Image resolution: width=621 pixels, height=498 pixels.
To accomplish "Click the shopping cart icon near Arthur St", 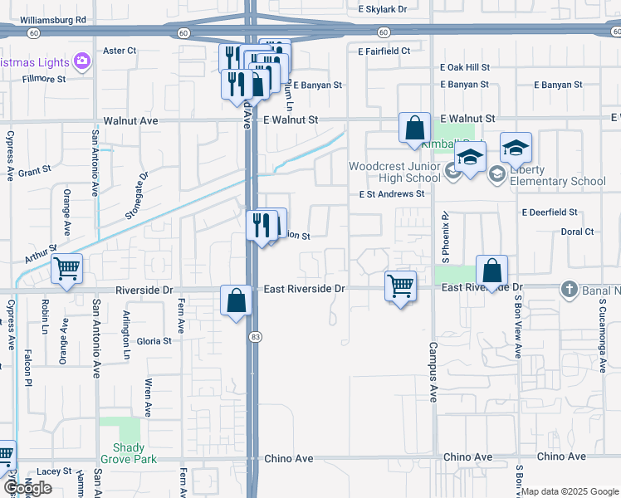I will click(66, 269).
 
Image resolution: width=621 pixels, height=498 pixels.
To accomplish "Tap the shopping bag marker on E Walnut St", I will click(414, 129).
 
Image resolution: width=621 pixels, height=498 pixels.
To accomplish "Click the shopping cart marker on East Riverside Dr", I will click(401, 286).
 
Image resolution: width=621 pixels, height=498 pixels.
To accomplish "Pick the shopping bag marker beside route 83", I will click(237, 300).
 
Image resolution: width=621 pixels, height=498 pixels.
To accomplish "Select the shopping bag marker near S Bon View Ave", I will click(491, 271).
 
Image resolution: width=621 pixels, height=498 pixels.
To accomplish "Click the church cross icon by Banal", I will click(569, 289).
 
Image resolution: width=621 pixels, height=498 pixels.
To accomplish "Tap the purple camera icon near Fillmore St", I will click(82, 61).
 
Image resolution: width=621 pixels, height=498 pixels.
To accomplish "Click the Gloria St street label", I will click(154, 341).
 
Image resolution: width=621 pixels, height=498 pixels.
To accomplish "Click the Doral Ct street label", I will click(577, 232).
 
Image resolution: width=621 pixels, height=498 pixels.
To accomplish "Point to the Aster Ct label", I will click(119, 51).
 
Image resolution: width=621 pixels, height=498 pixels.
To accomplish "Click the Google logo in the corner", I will click(27, 488).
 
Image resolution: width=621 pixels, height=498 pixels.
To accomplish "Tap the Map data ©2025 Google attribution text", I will click(570, 491).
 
